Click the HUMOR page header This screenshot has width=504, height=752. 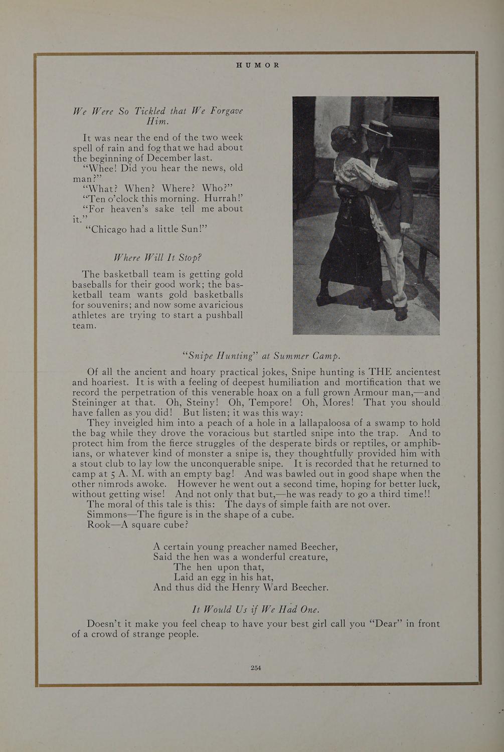click(257, 65)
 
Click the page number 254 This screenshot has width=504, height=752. click(256, 667)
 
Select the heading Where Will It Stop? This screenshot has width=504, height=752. click(157, 258)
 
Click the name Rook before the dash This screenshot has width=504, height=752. click(97, 524)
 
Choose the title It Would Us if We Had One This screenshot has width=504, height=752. click(256, 609)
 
